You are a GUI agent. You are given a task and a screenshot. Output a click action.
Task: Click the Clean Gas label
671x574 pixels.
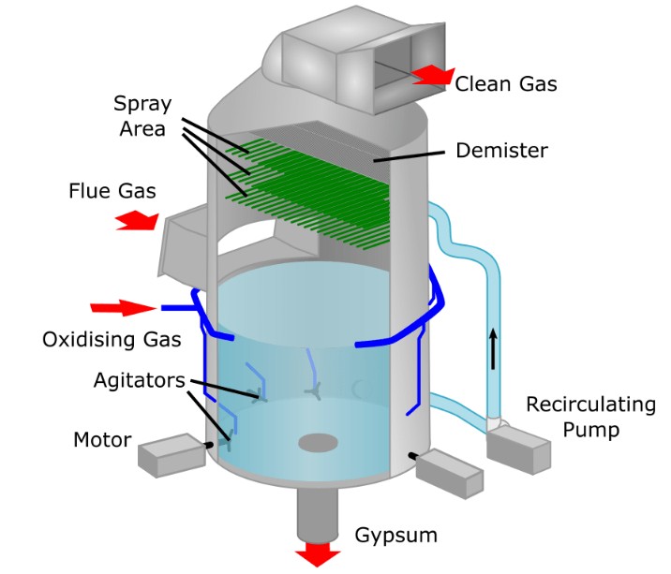click(506, 84)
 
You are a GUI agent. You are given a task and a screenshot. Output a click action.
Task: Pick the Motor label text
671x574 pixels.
click(101, 439)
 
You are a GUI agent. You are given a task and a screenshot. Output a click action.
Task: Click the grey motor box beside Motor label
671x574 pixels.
click(171, 455)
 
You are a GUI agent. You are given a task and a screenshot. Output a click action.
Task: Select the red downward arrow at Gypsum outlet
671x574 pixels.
click(318, 554)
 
